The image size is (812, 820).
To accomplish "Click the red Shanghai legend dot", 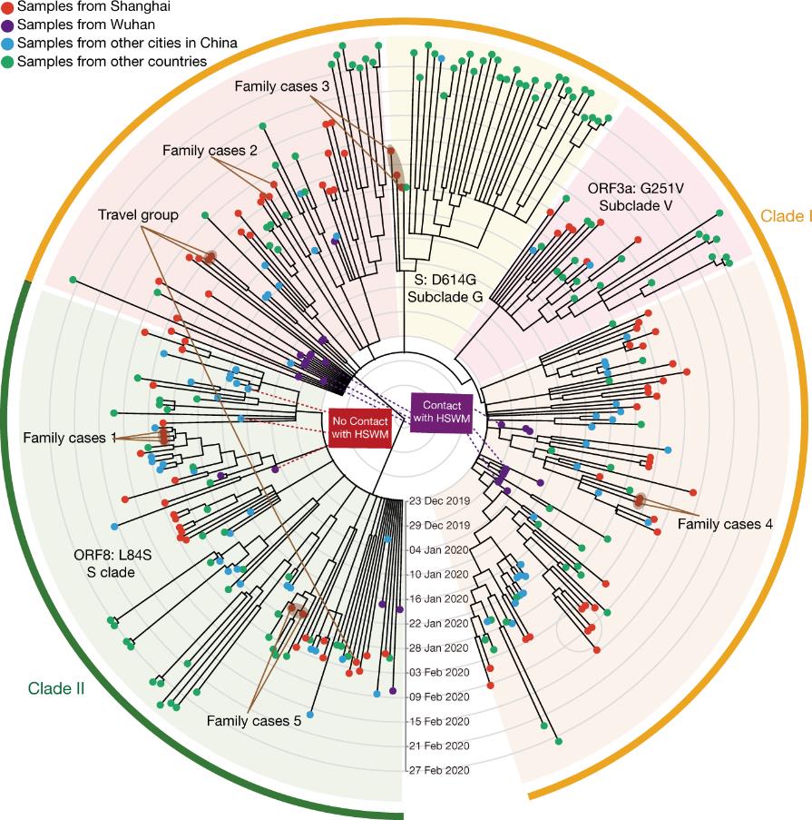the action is (7, 6).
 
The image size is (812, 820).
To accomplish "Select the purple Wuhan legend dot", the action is (7, 25).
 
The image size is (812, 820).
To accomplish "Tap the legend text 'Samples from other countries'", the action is (112, 62).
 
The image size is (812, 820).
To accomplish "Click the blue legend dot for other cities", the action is (7, 44).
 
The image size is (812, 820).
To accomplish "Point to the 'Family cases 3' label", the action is (281, 86).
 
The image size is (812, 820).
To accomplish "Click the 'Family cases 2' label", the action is (210, 151).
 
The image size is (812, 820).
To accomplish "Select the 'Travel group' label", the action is (138, 215).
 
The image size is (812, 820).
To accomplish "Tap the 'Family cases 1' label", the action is (70, 438).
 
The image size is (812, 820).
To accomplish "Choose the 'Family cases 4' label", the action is (725, 524).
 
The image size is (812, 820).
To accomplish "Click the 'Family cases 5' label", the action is (254, 721).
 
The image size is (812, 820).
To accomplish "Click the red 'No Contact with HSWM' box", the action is (360, 428).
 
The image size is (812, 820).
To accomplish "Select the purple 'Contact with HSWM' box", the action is (442, 412).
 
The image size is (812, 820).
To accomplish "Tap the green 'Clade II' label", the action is (56, 688).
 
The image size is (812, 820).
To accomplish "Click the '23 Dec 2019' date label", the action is (439, 501).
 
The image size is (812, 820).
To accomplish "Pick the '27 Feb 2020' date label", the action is (439, 770).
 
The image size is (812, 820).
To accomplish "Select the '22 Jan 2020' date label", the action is (439, 623).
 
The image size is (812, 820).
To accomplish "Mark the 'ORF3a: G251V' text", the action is (635, 188).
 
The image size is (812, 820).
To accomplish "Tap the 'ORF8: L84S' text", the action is (113, 555).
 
